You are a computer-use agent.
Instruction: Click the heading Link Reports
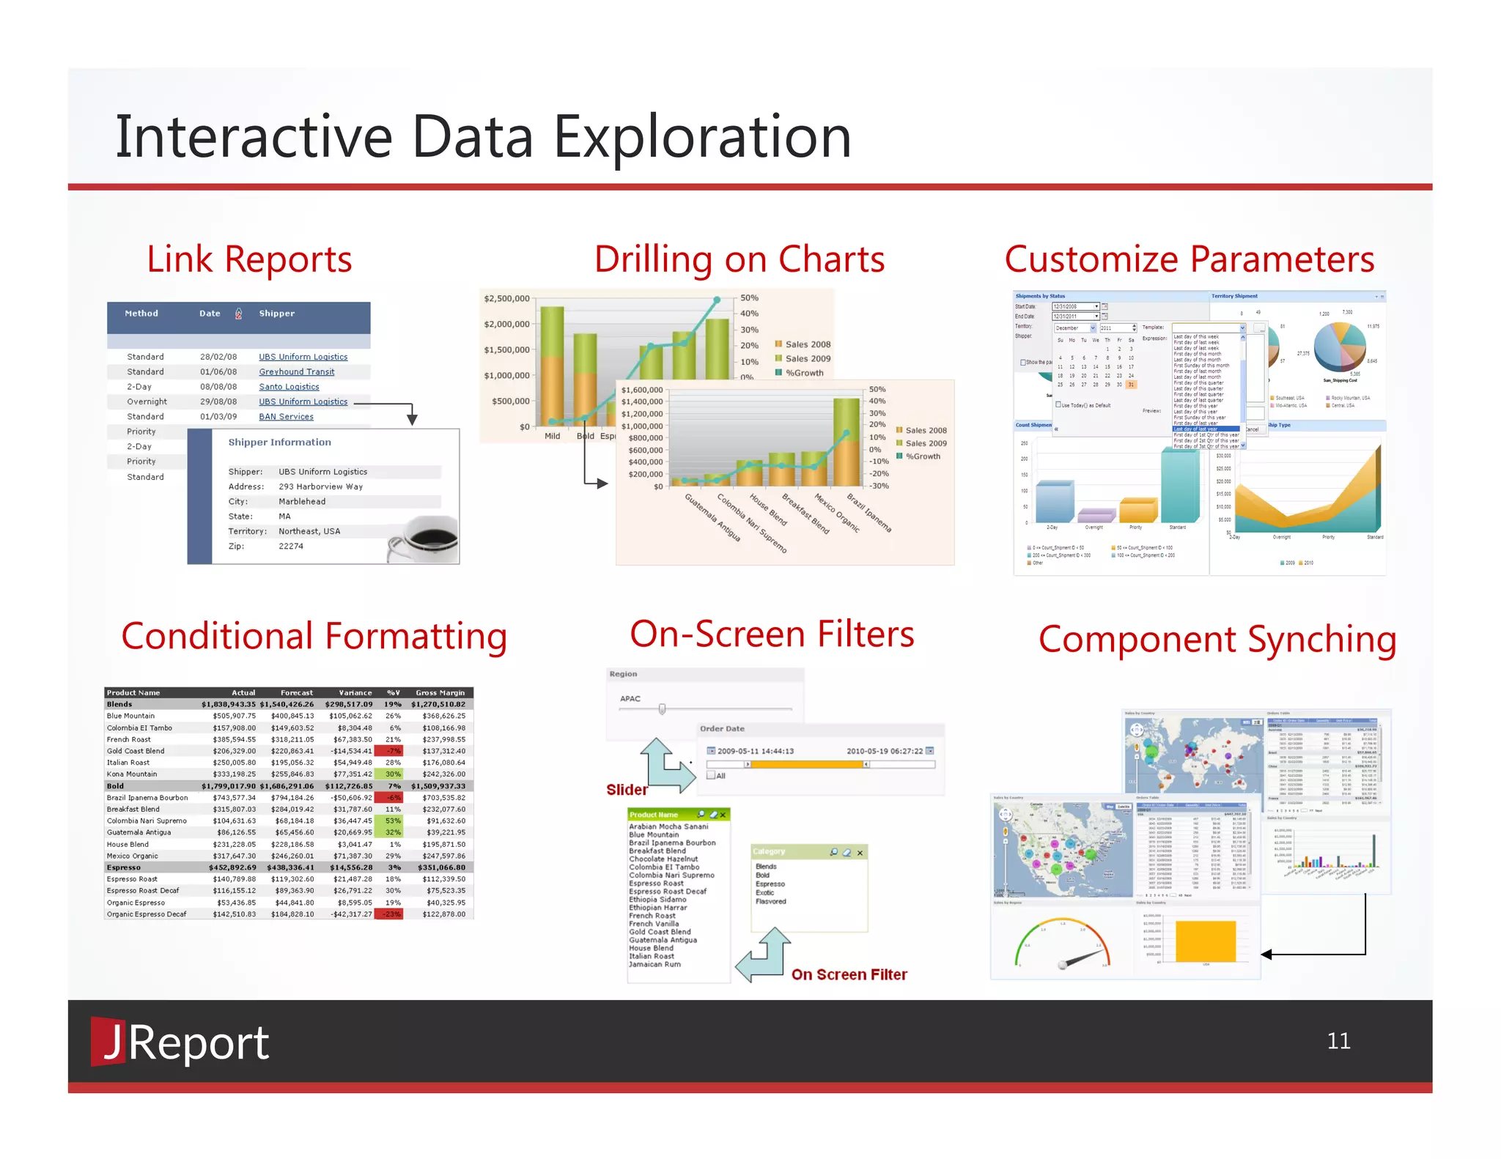tap(249, 259)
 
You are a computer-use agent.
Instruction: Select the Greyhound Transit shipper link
tap(296, 372)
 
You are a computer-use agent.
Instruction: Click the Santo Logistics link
tap(289, 387)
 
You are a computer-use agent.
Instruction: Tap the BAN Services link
tap(286, 417)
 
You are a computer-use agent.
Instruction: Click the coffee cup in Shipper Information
tap(425, 538)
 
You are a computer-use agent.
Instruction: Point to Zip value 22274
tap(291, 547)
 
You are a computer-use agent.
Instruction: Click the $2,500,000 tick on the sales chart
tap(506, 299)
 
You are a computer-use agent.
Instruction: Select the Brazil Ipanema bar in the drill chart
tap(847, 443)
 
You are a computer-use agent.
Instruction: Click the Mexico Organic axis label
tap(836, 514)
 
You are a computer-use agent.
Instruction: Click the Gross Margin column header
tap(440, 693)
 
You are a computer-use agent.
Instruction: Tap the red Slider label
tap(627, 790)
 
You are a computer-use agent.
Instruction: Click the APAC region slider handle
tap(662, 709)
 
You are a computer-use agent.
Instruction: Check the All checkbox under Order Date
tap(711, 775)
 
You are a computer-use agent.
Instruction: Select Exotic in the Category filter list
tap(764, 893)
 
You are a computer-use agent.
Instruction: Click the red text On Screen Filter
tap(849, 974)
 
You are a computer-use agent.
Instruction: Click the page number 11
tap(1338, 1041)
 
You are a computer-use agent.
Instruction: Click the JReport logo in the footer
tap(180, 1043)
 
